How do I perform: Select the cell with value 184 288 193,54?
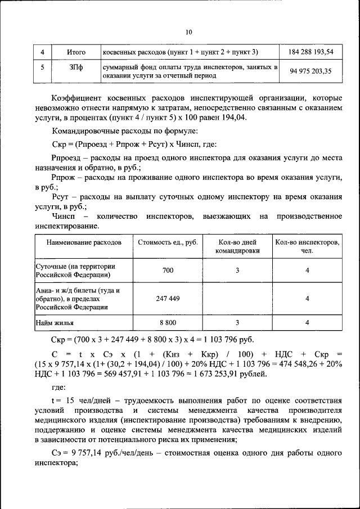click(x=310, y=52)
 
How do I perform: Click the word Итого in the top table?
click(x=76, y=52)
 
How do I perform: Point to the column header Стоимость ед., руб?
click(x=168, y=242)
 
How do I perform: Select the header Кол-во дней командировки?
click(x=237, y=246)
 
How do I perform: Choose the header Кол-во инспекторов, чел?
click(x=307, y=246)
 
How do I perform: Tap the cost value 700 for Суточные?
click(x=168, y=271)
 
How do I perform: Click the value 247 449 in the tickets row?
click(x=168, y=299)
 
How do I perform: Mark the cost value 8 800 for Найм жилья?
click(x=168, y=323)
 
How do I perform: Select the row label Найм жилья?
click(x=55, y=323)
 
